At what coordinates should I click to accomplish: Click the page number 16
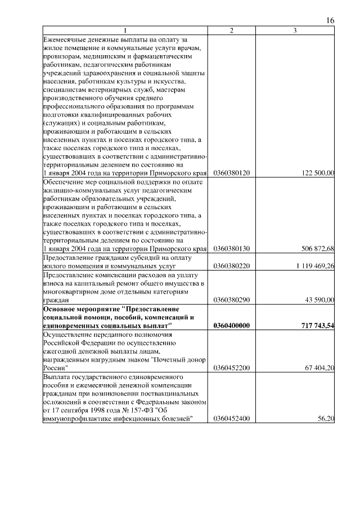[x=330, y=21]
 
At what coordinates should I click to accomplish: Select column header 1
[x=125, y=30]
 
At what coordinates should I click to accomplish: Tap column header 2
[x=232, y=30]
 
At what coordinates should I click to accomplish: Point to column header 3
[x=295, y=30]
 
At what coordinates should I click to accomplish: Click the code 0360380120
[x=232, y=173]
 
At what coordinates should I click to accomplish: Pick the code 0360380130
[x=232, y=248]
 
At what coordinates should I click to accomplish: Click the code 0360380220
[x=232, y=265]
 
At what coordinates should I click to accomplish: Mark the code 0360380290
[x=232, y=300]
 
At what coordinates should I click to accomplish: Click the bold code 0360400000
[x=232, y=326]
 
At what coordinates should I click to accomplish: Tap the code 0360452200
[x=232, y=368]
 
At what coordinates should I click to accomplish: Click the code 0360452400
[x=232, y=419]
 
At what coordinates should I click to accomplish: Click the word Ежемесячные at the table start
[x=66, y=40]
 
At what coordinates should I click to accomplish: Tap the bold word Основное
[x=62, y=309]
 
